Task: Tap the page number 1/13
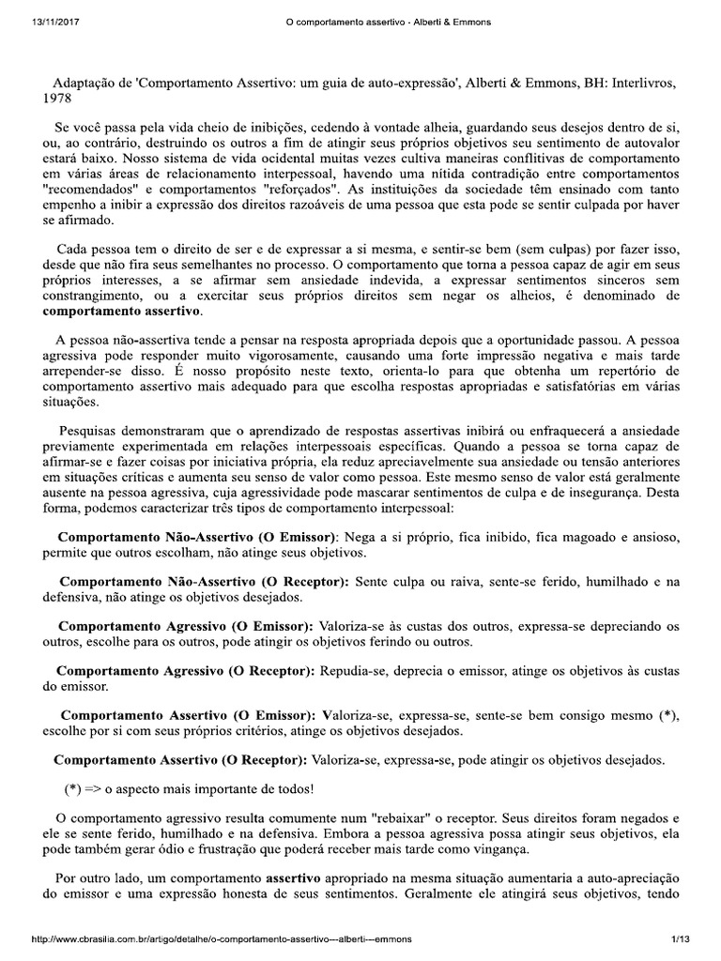[x=680, y=939]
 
